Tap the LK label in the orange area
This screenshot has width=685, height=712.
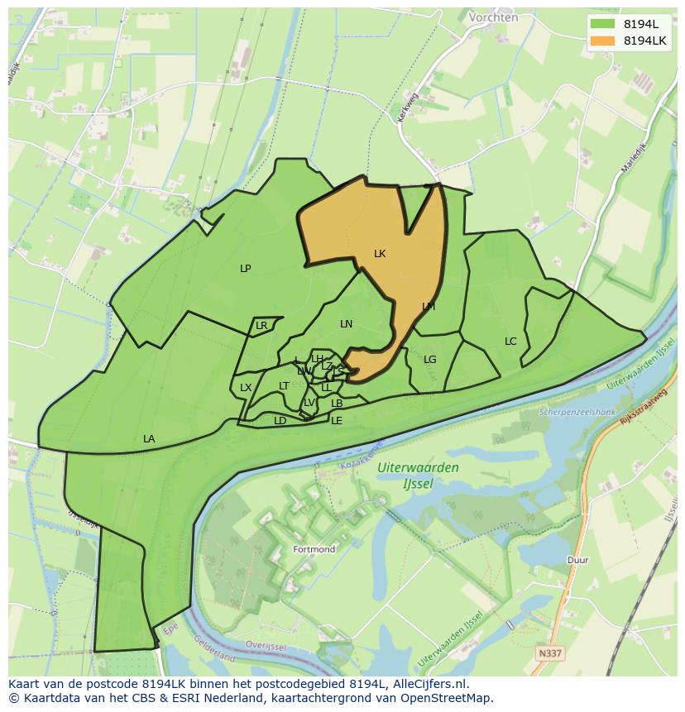click(380, 254)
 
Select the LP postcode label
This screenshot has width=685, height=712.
click(246, 268)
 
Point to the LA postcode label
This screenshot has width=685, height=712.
click(149, 439)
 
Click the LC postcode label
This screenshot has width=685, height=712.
click(510, 342)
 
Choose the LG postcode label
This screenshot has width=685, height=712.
click(429, 360)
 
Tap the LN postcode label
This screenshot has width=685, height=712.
click(346, 324)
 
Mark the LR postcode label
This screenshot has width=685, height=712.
click(261, 326)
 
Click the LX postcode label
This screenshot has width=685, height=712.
click(246, 388)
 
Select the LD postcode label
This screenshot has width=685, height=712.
click(280, 421)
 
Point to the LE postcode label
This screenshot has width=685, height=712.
click(337, 421)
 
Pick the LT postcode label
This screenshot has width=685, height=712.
click(284, 386)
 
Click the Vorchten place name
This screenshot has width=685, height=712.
click(493, 17)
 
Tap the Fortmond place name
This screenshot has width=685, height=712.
click(314, 549)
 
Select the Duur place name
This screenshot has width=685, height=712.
click(577, 560)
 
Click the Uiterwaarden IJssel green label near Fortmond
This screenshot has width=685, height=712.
click(418, 475)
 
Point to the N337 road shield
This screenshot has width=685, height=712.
click(549, 653)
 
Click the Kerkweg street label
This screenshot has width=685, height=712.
click(409, 108)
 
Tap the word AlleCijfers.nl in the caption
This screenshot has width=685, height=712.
click(427, 684)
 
